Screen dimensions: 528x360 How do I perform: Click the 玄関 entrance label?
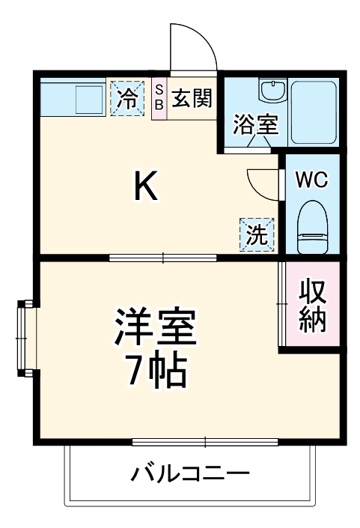tap(190, 98)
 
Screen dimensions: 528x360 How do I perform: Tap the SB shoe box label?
tap(159, 98)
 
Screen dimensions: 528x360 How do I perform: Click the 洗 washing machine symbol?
tap(257, 235)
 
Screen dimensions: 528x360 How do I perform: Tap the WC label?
tap(311, 180)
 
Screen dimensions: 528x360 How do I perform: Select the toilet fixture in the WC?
tap(311, 228)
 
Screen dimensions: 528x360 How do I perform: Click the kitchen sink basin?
tap(88, 97)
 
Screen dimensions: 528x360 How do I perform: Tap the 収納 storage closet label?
tap(312, 306)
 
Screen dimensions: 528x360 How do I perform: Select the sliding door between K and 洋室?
tap(162, 258)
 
